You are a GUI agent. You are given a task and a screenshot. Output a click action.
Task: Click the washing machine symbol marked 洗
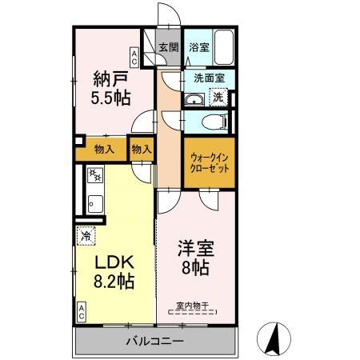(x=217, y=98)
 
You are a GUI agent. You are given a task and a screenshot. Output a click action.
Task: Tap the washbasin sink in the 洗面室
(x=193, y=100)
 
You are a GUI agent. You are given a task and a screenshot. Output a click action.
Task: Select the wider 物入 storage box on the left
(x=104, y=149)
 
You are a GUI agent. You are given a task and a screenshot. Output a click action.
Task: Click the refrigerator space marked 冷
(x=86, y=236)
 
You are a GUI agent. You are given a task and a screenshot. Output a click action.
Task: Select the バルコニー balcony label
(x=154, y=342)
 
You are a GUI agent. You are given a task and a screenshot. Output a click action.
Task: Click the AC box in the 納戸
(x=134, y=57)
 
